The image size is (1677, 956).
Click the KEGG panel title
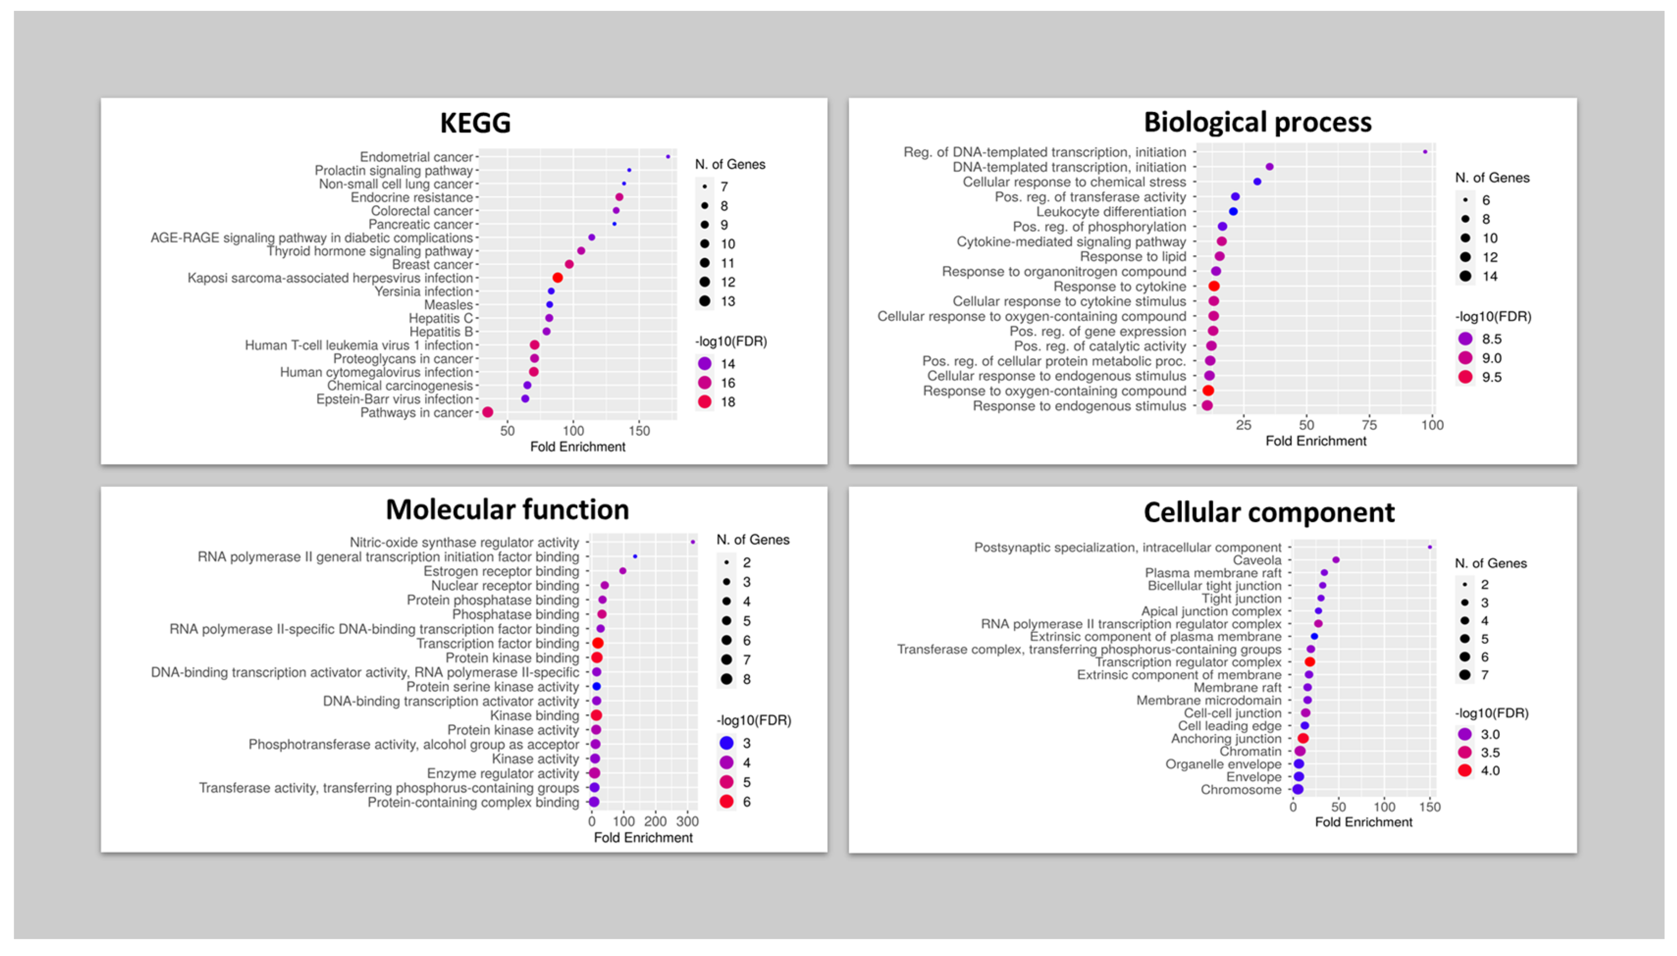(x=475, y=123)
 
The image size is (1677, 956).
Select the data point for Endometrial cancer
(x=668, y=157)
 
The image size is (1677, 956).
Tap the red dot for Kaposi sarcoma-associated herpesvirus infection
(x=557, y=278)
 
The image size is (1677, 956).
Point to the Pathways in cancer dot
(x=487, y=413)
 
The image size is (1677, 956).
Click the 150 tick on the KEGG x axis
(x=639, y=431)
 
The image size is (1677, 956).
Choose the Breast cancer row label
(x=432, y=264)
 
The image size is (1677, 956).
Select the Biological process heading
(x=1258, y=122)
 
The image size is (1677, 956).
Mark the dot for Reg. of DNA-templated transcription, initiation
(x=1425, y=152)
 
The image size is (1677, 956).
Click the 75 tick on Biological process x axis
(x=1369, y=425)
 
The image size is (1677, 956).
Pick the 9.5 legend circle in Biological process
(x=1466, y=377)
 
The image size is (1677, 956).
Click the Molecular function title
(x=507, y=510)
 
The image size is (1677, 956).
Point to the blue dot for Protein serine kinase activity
(x=596, y=687)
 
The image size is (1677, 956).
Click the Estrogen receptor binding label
(x=501, y=571)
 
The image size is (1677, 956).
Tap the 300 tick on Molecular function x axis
(x=687, y=822)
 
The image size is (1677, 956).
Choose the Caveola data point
(x=1336, y=560)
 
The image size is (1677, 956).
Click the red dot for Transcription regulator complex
(x=1310, y=662)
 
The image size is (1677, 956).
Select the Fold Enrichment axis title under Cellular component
(x=1363, y=822)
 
